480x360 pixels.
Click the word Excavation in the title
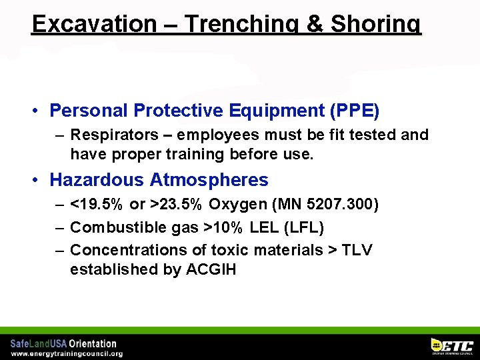[93, 24]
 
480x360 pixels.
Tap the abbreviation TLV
[357, 250]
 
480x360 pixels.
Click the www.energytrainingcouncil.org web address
[67, 353]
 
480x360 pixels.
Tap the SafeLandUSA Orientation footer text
[63, 343]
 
